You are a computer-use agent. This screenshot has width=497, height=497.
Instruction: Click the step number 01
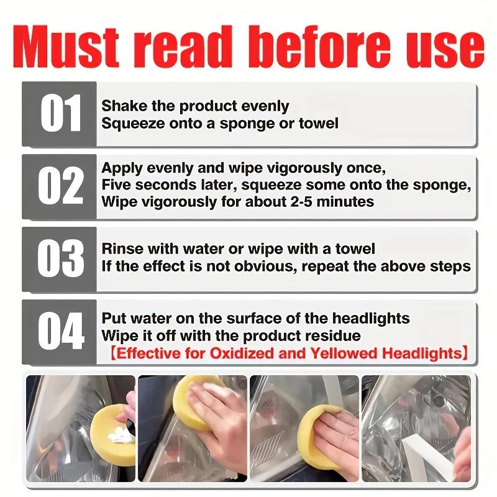[x=61, y=114]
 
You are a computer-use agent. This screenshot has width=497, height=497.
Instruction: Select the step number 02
[x=61, y=186]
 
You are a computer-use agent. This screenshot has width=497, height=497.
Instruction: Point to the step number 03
[x=61, y=258]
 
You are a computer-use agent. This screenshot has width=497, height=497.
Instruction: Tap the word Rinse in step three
[x=121, y=250]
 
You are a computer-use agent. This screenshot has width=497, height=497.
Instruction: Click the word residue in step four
[x=335, y=336]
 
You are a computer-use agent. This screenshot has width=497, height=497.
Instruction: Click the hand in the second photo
[x=214, y=429]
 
